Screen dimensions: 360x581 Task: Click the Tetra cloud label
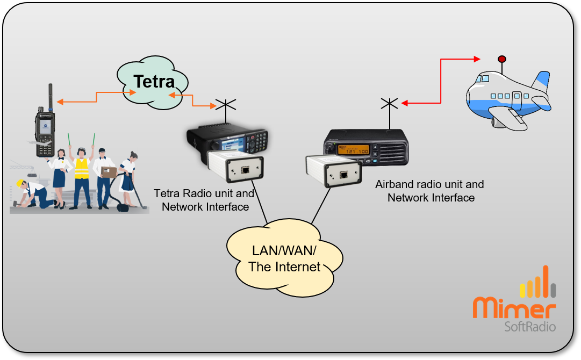tap(154, 82)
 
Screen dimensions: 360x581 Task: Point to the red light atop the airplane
tap(502, 59)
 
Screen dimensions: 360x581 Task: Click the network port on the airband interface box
tap(343, 175)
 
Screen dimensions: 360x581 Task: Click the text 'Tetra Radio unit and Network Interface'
tap(204, 200)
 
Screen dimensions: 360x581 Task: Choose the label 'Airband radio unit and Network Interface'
tap(430, 191)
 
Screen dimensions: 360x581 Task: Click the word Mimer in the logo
tap(514, 308)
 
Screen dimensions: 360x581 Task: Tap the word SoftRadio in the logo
tap(529, 326)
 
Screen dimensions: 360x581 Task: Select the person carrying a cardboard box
tap(106, 175)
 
